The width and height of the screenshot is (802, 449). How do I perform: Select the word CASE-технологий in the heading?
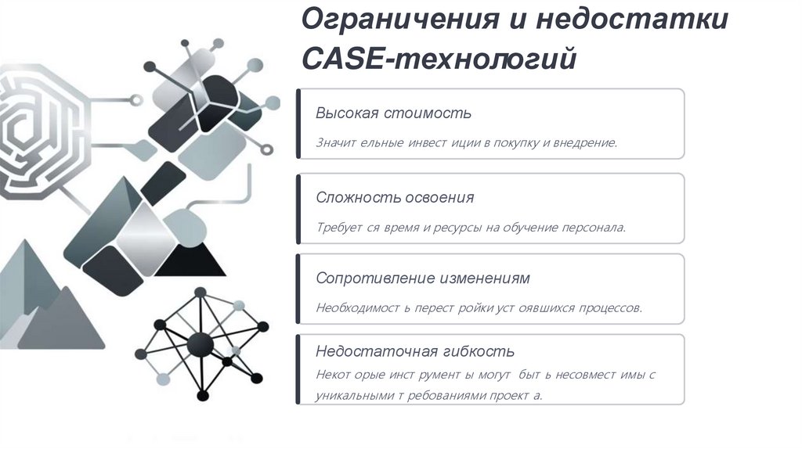tap(439, 59)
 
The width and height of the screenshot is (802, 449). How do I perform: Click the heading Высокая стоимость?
tap(393, 113)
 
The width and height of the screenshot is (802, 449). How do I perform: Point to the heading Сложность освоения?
tap(395, 197)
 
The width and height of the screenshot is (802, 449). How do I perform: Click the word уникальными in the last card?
tap(352, 395)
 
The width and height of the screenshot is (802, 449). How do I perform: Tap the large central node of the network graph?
tap(201, 343)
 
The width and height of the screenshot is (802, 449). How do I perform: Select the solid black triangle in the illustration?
tap(189, 258)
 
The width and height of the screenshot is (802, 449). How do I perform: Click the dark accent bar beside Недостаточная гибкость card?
tap(298, 369)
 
